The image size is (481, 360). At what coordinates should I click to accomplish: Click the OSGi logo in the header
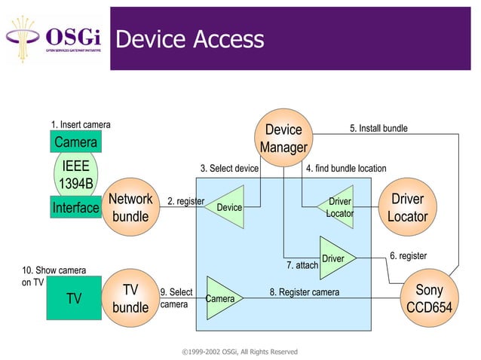tap(56, 38)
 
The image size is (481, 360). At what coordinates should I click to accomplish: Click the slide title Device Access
tap(190, 39)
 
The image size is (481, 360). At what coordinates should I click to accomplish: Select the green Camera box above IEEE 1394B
tap(75, 142)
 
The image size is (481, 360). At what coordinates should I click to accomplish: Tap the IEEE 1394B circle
tap(77, 174)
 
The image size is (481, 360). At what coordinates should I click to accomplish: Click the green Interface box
tap(75, 207)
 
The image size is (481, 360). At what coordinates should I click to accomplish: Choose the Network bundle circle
tap(130, 207)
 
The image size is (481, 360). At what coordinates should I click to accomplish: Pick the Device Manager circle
tap(283, 139)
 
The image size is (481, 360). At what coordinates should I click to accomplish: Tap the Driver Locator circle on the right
tap(407, 207)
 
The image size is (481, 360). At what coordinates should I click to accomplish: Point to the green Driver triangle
tap(335, 258)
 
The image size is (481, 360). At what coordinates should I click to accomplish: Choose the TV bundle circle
tap(130, 298)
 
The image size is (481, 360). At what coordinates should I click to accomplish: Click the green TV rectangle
tap(74, 298)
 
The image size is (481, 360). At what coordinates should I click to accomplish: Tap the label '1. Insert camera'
tap(81, 124)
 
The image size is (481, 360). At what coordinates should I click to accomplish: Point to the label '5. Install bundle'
tap(378, 129)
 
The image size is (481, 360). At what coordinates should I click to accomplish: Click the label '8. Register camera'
tap(305, 291)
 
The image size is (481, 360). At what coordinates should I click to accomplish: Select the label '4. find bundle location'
tap(346, 169)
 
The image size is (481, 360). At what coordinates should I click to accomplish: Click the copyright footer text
tap(240, 352)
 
